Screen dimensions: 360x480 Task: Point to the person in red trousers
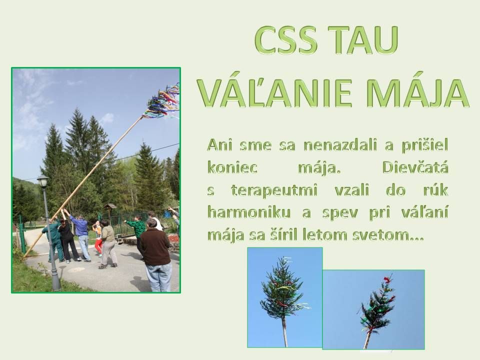(x=98, y=239)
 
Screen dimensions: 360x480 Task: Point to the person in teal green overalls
(x=53, y=239)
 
